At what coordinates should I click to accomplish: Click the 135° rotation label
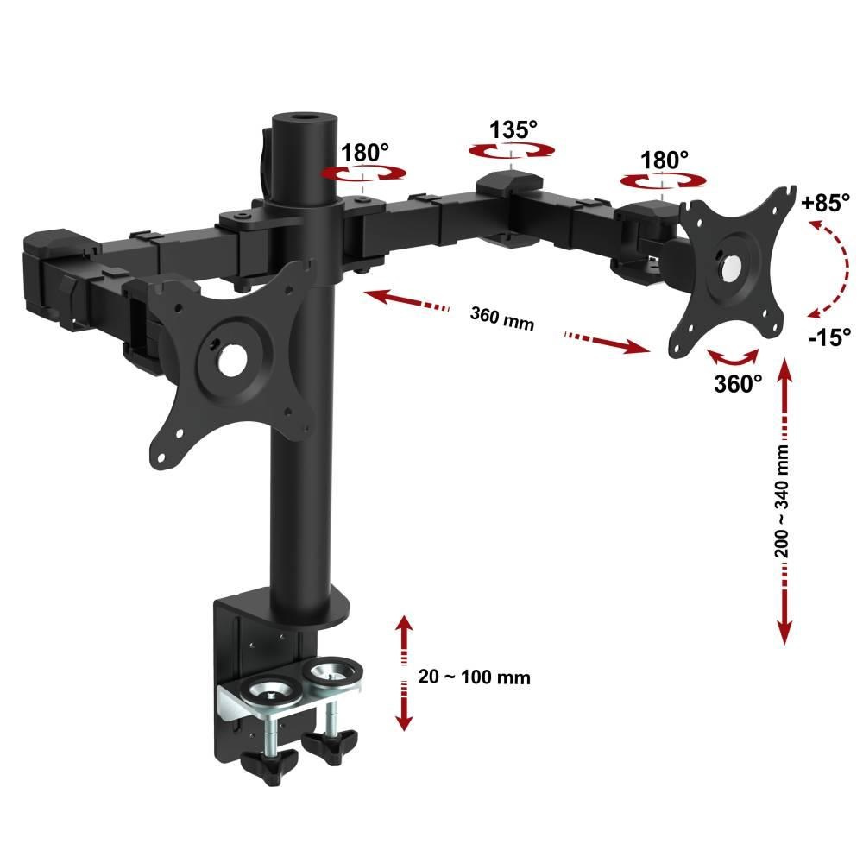coord(513,130)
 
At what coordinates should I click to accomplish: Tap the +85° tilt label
coord(826,203)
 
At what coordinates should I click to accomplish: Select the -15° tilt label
coord(829,337)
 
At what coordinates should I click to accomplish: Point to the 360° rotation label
coord(738,383)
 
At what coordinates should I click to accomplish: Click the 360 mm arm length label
coord(502,318)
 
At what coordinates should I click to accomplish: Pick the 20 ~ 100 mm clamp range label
coord(474,677)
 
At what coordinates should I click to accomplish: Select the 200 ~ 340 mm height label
coord(782,501)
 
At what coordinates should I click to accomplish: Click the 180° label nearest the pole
coord(364,153)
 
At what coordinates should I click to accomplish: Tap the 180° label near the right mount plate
coord(664,161)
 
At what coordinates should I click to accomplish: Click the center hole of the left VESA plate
coord(231,361)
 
